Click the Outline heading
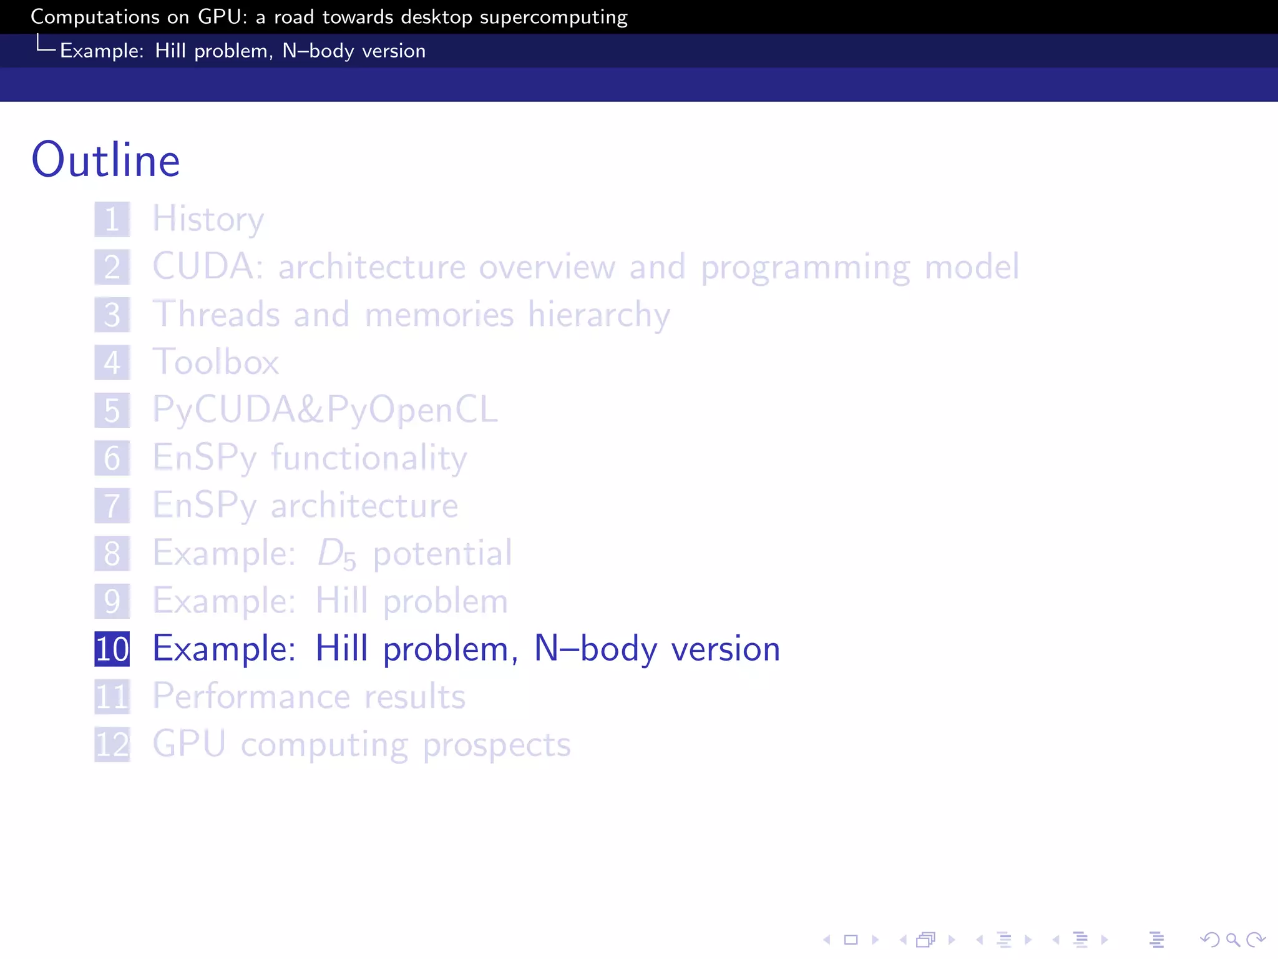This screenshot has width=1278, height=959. click(x=106, y=160)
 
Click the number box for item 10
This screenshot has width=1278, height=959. click(x=112, y=649)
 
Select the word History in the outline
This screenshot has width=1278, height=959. click(x=208, y=219)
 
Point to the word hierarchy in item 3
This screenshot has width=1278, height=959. click(x=598, y=315)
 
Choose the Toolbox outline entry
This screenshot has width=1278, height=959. click(x=216, y=362)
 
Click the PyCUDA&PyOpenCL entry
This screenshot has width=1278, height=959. click(x=325, y=410)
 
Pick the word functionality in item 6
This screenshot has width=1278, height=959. click(x=369, y=458)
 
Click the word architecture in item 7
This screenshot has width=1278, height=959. click(x=364, y=506)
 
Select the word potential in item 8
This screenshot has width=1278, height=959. click(x=442, y=554)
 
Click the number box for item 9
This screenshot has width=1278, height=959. click(x=112, y=601)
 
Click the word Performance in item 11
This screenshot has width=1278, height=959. click(x=251, y=697)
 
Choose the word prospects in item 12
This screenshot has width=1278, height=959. click(x=497, y=745)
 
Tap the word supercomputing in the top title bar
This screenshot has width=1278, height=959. click(x=554, y=17)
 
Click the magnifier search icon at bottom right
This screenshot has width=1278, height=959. click(x=1232, y=940)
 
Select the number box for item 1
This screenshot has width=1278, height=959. click(x=112, y=219)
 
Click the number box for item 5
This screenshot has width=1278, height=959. click(x=112, y=410)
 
